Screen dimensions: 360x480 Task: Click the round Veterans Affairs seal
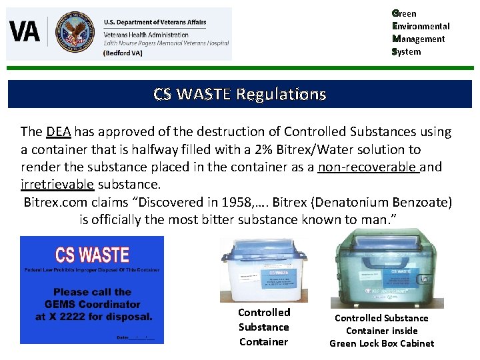pos(75,32)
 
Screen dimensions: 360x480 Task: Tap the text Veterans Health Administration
pos(146,35)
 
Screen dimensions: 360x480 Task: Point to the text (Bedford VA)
pos(123,53)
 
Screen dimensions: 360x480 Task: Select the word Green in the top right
pos(405,13)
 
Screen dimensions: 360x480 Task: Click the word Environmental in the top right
pos(421,26)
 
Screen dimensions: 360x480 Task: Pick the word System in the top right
pos(407,51)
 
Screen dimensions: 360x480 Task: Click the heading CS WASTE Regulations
pos(239,94)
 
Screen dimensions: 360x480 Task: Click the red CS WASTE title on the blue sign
pos(92,255)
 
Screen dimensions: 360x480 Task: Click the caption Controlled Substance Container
pos(264,327)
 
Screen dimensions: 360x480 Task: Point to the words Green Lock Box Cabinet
pos(381,343)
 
